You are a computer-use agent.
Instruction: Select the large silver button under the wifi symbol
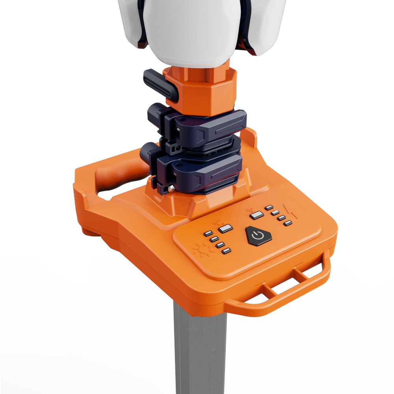(257, 215)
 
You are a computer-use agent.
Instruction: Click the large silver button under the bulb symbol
(226, 229)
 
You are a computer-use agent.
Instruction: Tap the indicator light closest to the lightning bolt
(288, 223)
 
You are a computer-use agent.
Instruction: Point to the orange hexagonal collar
(201, 89)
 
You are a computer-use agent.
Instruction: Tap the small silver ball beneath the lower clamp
(172, 189)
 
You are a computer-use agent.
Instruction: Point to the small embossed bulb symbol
(217, 223)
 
